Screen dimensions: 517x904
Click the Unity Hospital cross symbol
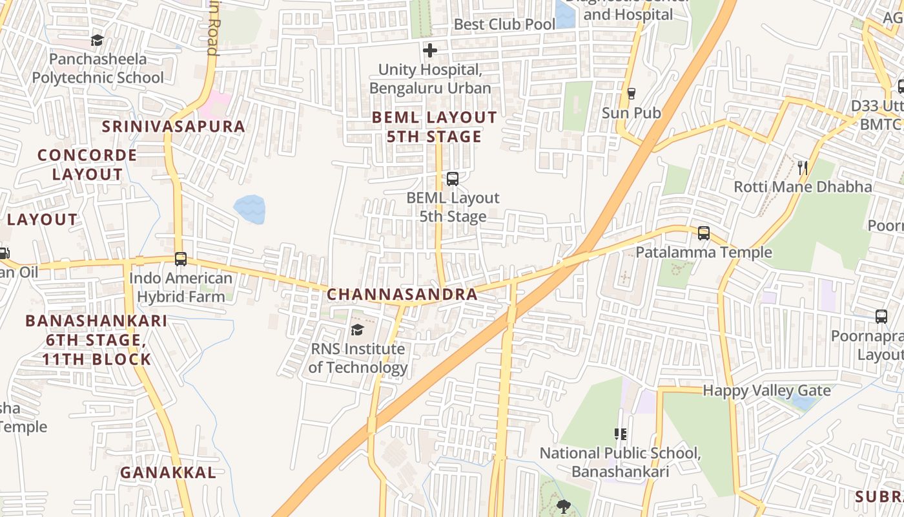[x=430, y=50]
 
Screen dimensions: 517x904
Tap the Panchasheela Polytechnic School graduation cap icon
[x=97, y=40]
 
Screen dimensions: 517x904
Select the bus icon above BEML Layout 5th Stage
[x=453, y=179]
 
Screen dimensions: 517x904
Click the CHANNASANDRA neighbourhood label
[x=402, y=295]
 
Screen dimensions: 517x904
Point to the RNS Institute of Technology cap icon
[x=357, y=330]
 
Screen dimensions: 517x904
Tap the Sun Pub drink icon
[x=632, y=94]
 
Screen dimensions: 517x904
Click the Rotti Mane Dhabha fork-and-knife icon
[x=803, y=167]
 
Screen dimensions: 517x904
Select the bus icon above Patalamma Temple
[x=704, y=233]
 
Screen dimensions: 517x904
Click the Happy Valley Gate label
[x=766, y=390]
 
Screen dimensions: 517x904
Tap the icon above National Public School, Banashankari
[x=621, y=434]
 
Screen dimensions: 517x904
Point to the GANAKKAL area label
[x=168, y=472]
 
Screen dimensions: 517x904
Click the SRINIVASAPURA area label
[x=174, y=126]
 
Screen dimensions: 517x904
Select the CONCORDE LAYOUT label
[x=87, y=165]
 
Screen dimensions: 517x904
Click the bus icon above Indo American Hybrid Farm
[x=181, y=259]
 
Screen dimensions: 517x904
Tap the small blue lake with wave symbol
[x=249, y=209]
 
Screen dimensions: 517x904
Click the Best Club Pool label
[x=504, y=25]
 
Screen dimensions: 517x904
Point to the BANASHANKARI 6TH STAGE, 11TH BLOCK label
[x=96, y=340]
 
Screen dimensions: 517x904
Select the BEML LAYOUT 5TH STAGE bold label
[x=435, y=127]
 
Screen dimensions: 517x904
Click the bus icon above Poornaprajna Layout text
[x=881, y=316]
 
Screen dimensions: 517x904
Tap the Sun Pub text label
[x=632, y=113]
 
